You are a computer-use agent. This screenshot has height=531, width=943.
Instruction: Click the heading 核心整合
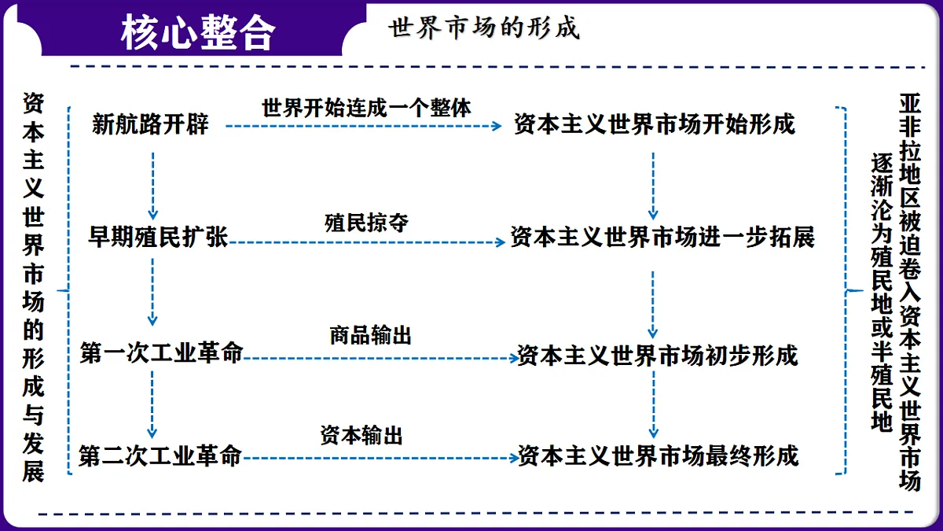click(198, 32)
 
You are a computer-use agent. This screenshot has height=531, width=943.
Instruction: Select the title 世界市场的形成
click(484, 28)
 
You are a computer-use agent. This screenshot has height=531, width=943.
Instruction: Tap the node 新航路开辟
click(150, 124)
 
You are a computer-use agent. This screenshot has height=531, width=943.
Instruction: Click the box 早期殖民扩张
click(158, 237)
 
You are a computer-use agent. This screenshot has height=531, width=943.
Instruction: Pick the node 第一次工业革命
click(162, 352)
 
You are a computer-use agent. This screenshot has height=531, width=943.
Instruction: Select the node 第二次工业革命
click(160, 455)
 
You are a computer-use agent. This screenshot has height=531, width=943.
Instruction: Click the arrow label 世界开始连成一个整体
click(366, 108)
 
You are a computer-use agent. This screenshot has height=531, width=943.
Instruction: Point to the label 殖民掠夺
click(366, 223)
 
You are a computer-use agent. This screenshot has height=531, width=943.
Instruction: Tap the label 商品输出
click(370, 335)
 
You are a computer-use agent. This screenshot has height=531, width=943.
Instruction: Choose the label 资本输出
click(361, 435)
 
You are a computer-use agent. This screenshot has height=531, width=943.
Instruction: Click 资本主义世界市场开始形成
click(654, 124)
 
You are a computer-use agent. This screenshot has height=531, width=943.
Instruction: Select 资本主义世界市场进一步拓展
click(662, 237)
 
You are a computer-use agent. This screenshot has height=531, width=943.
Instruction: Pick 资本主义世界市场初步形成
click(658, 356)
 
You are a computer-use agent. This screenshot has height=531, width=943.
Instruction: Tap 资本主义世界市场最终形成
click(658, 455)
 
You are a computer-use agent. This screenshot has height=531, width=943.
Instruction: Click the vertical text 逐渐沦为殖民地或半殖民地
click(882, 292)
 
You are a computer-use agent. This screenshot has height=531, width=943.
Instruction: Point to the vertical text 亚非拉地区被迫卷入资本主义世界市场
click(910, 292)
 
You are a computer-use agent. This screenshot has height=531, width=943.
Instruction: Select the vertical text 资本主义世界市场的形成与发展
click(33, 287)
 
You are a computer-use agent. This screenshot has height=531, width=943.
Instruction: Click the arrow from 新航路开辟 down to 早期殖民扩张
click(152, 186)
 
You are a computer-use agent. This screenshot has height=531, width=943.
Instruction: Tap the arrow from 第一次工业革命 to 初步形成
click(381, 359)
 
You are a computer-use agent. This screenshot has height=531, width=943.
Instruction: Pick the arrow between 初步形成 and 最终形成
click(653, 404)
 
